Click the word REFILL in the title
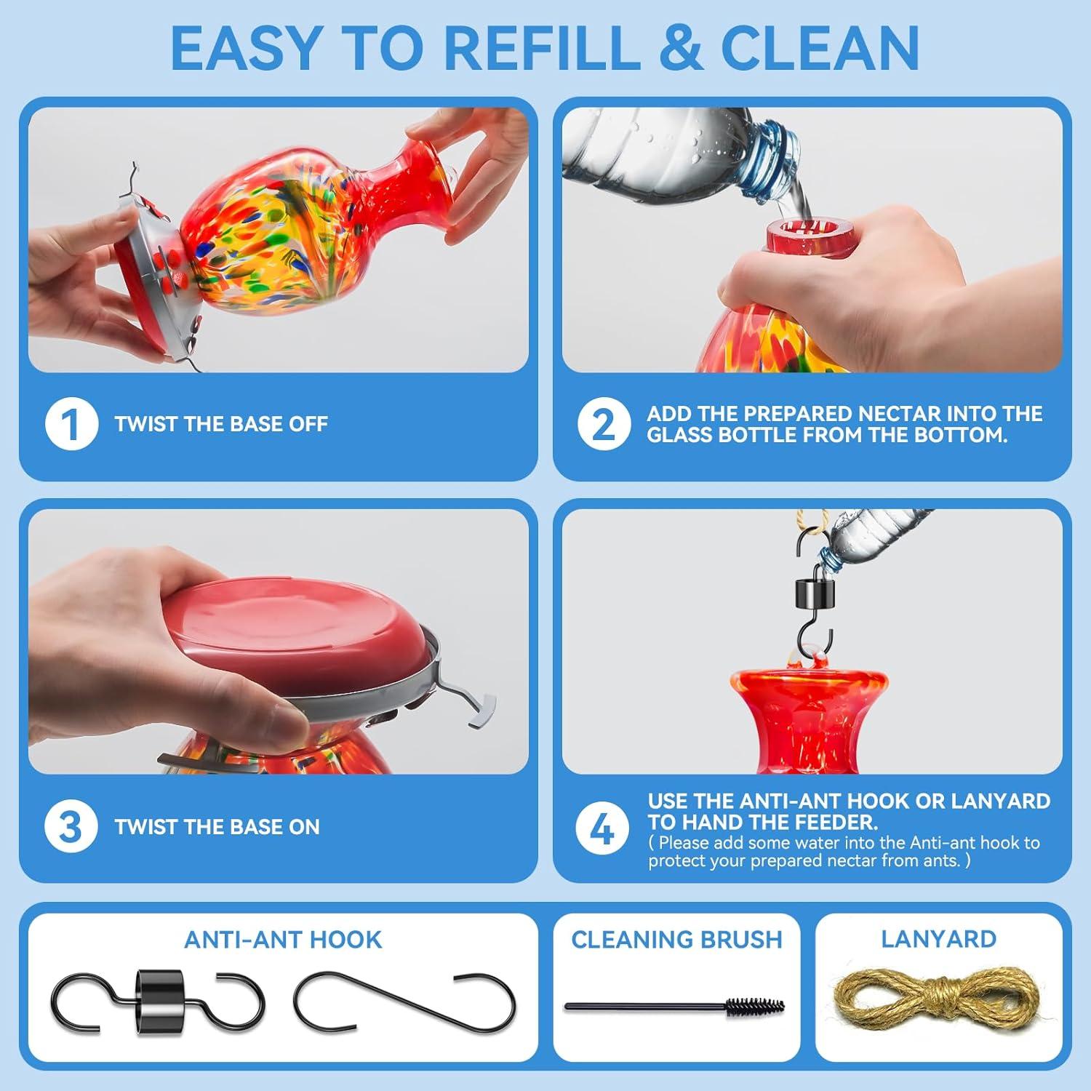[542, 48]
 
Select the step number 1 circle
[71, 424]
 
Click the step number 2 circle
[604, 424]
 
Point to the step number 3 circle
[71, 826]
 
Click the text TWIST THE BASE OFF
[221, 424]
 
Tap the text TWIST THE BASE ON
[217, 827]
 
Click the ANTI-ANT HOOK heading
[283, 940]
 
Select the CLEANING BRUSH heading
[676, 940]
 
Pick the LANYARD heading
[938, 939]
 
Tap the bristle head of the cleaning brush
[756, 1007]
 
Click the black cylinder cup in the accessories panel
[159, 1002]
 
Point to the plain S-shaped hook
[404, 1001]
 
